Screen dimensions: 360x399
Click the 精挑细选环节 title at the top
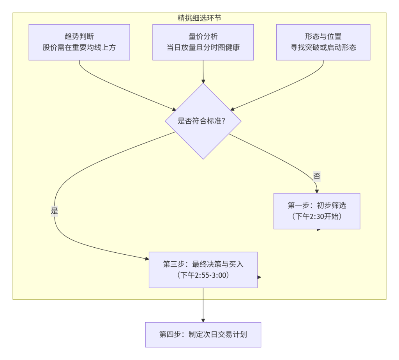pos(199,18)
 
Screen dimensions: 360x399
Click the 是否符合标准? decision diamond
pos(203,121)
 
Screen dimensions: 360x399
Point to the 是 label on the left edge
pos(54,211)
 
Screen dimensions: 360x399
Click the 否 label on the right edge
pos(317,176)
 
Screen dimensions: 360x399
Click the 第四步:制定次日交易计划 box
pos(203,334)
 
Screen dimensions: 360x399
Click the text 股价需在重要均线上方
pos(79,48)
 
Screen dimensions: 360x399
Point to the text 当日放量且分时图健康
pos(203,48)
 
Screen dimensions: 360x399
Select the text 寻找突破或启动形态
pos(323,48)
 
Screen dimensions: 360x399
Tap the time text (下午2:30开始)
pos(316,216)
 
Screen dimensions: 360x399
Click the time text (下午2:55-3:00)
pos(203,275)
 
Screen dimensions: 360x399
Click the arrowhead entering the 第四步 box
pos(203,319)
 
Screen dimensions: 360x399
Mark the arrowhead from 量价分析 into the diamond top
pos(203,80)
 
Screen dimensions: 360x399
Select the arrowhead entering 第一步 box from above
pos(317,191)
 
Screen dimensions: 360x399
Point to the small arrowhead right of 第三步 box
pos(259,277)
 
